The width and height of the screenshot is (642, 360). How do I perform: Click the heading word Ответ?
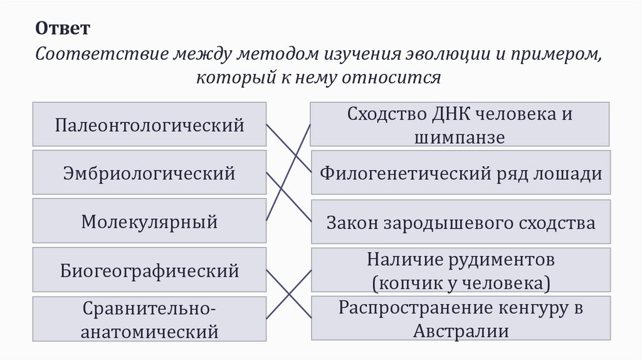coord(63,29)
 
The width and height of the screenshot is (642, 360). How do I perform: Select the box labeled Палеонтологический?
coord(149,125)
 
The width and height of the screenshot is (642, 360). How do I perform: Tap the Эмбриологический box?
coord(149,172)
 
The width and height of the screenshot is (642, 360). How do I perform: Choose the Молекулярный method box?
coord(149,221)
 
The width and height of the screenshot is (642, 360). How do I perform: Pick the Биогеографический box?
coord(149,271)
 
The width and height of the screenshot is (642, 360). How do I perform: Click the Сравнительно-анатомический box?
coord(149,319)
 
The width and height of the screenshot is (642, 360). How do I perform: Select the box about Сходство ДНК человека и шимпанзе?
coord(460,125)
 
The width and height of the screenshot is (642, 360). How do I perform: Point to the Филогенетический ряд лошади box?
coord(460,173)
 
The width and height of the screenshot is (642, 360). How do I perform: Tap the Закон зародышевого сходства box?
coord(460,222)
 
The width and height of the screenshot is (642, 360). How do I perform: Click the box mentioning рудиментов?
coord(460,270)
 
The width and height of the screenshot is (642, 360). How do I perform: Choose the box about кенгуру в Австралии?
coord(460,319)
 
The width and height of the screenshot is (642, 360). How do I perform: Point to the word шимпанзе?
coord(460,137)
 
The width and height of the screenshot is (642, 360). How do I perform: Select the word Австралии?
coord(460,331)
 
